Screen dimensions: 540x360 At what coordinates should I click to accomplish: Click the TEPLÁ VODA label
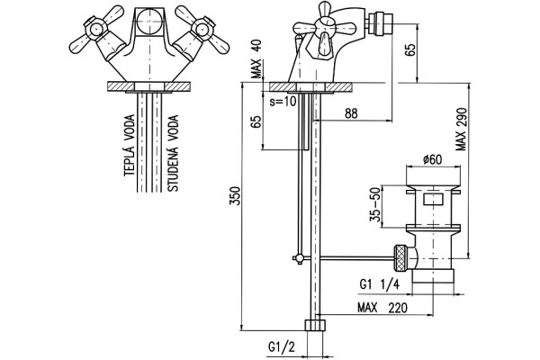click(130, 146)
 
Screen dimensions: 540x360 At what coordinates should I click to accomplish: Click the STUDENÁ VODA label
click(173, 153)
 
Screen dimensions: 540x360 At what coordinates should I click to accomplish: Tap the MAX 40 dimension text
click(256, 58)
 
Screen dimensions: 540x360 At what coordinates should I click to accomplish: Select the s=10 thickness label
click(283, 102)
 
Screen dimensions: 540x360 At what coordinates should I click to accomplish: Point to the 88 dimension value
click(351, 113)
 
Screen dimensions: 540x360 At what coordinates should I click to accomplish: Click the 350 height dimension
click(235, 195)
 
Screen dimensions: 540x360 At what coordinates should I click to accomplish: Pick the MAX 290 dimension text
click(461, 130)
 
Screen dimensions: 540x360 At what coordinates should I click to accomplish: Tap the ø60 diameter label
click(433, 159)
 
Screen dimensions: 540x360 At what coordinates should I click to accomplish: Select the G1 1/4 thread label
click(379, 284)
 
